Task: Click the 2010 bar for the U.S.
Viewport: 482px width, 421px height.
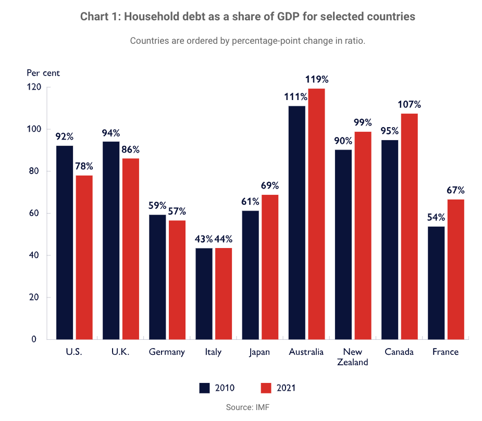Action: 65,242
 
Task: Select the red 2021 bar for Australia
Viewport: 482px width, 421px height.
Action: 316,214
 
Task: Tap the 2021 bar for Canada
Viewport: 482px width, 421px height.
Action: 409,226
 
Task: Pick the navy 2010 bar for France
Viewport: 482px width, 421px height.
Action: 436,282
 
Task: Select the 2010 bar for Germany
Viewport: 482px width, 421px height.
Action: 157,277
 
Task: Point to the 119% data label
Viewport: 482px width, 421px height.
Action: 317,80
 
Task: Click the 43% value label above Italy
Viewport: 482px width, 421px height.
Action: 204,239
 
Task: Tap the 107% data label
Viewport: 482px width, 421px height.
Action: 410,104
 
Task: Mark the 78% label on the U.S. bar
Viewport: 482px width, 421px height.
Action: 84,166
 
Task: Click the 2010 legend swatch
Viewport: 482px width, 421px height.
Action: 204,388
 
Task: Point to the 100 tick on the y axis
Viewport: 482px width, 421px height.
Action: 34,129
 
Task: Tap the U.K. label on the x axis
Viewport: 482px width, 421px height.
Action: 120,352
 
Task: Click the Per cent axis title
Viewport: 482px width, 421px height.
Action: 43,73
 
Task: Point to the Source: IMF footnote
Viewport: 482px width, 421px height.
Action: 248,407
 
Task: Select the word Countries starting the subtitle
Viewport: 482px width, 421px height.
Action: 149,41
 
